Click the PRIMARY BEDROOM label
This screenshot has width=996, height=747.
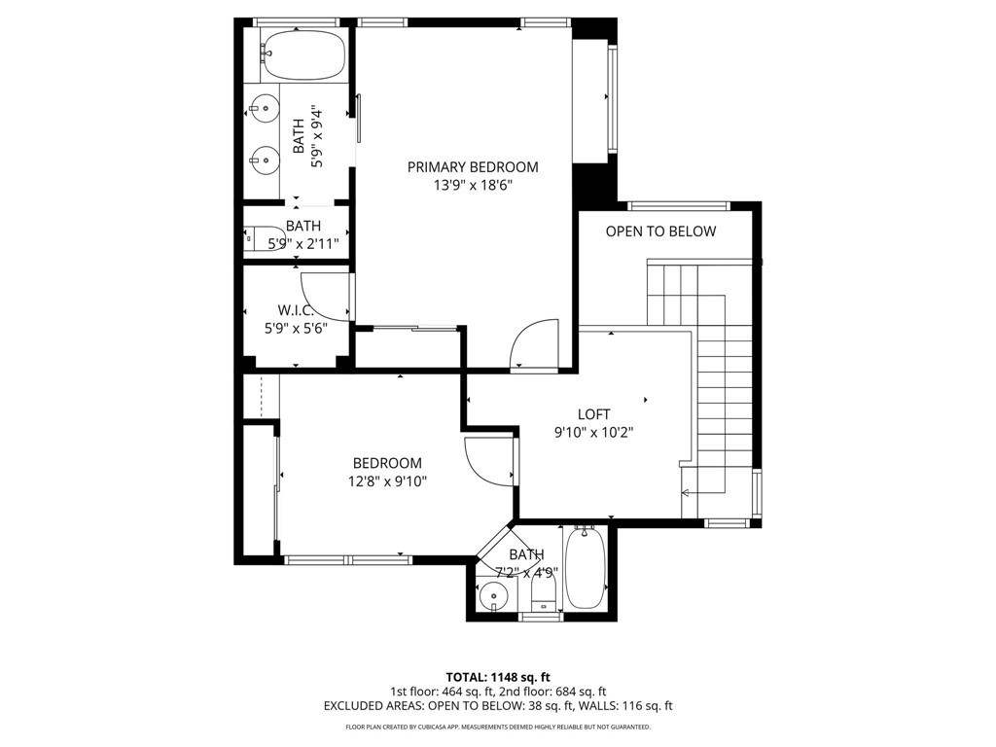[x=473, y=167]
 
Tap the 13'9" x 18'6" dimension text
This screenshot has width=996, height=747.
[x=473, y=186]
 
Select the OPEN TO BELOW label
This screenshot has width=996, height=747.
[x=660, y=231]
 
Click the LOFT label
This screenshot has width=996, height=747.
[x=594, y=414]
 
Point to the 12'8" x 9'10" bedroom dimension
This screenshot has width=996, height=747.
[x=387, y=481]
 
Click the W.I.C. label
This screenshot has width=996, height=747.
[x=296, y=310]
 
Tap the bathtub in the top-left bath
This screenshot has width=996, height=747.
[x=304, y=54]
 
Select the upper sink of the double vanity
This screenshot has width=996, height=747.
[x=265, y=109]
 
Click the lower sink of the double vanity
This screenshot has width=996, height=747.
[x=265, y=160]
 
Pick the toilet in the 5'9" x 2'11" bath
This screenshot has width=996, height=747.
[x=266, y=238]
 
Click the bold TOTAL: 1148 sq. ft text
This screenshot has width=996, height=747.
[x=498, y=677]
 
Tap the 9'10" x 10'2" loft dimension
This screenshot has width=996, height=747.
[x=594, y=433]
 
